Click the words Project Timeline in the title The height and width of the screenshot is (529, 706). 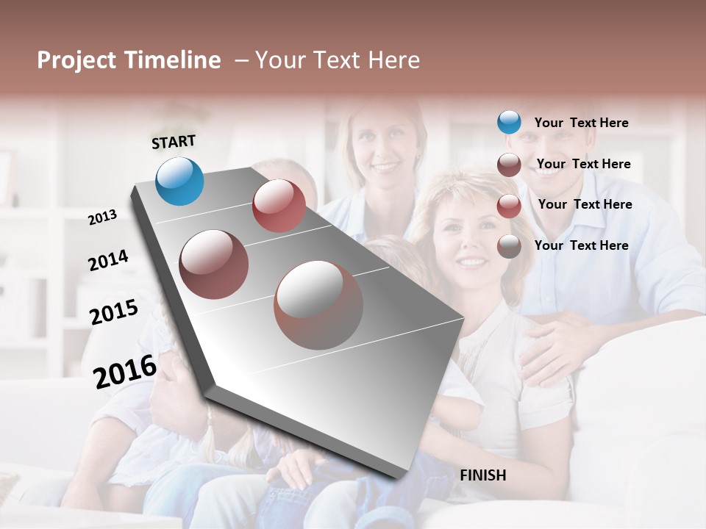(129, 60)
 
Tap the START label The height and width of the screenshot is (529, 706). (174, 142)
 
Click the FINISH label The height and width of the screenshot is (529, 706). (482, 475)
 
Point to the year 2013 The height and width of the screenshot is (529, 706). (102, 217)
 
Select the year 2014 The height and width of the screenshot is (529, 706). (108, 260)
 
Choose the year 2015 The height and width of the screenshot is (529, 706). (114, 312)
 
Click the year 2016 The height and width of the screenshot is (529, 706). (125, 372)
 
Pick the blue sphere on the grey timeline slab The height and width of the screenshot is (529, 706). (180, 181)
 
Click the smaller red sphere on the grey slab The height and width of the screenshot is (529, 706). (279, 206)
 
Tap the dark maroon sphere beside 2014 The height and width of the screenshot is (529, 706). (214, 264)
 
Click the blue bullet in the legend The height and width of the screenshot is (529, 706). (509, 122)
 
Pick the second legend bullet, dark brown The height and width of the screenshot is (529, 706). (509, 164)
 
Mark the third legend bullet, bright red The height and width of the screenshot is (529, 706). (509, 205)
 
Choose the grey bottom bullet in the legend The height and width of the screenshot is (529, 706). (509, 246)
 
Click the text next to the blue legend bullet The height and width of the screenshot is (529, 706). (581, 123)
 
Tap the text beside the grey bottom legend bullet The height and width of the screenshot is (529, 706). (581, 245)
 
